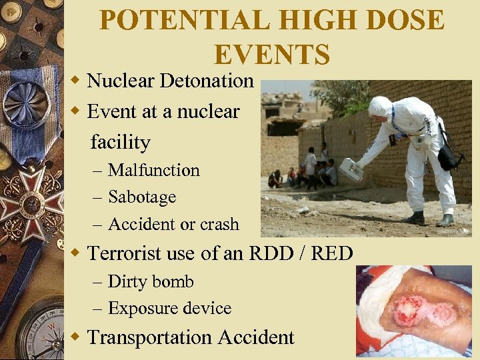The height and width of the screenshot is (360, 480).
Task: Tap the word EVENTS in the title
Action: pyautogui.click(x=272, y=54)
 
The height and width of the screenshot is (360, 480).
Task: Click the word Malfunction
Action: pyautogui.click(x=154, y=170)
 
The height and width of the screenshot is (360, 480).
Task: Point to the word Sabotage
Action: pyautogui.click(x=142, y=197)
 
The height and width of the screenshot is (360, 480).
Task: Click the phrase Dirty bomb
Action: pyautogui.click(x=151, y=281)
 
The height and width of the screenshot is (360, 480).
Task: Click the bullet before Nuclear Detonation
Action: pyautogui.click(x=77, y=81)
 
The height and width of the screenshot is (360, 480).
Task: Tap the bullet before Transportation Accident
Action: pyautogui.click(x=77, y=337)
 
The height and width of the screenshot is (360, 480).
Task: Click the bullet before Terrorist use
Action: pyautogui.click(x=77, y=253)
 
